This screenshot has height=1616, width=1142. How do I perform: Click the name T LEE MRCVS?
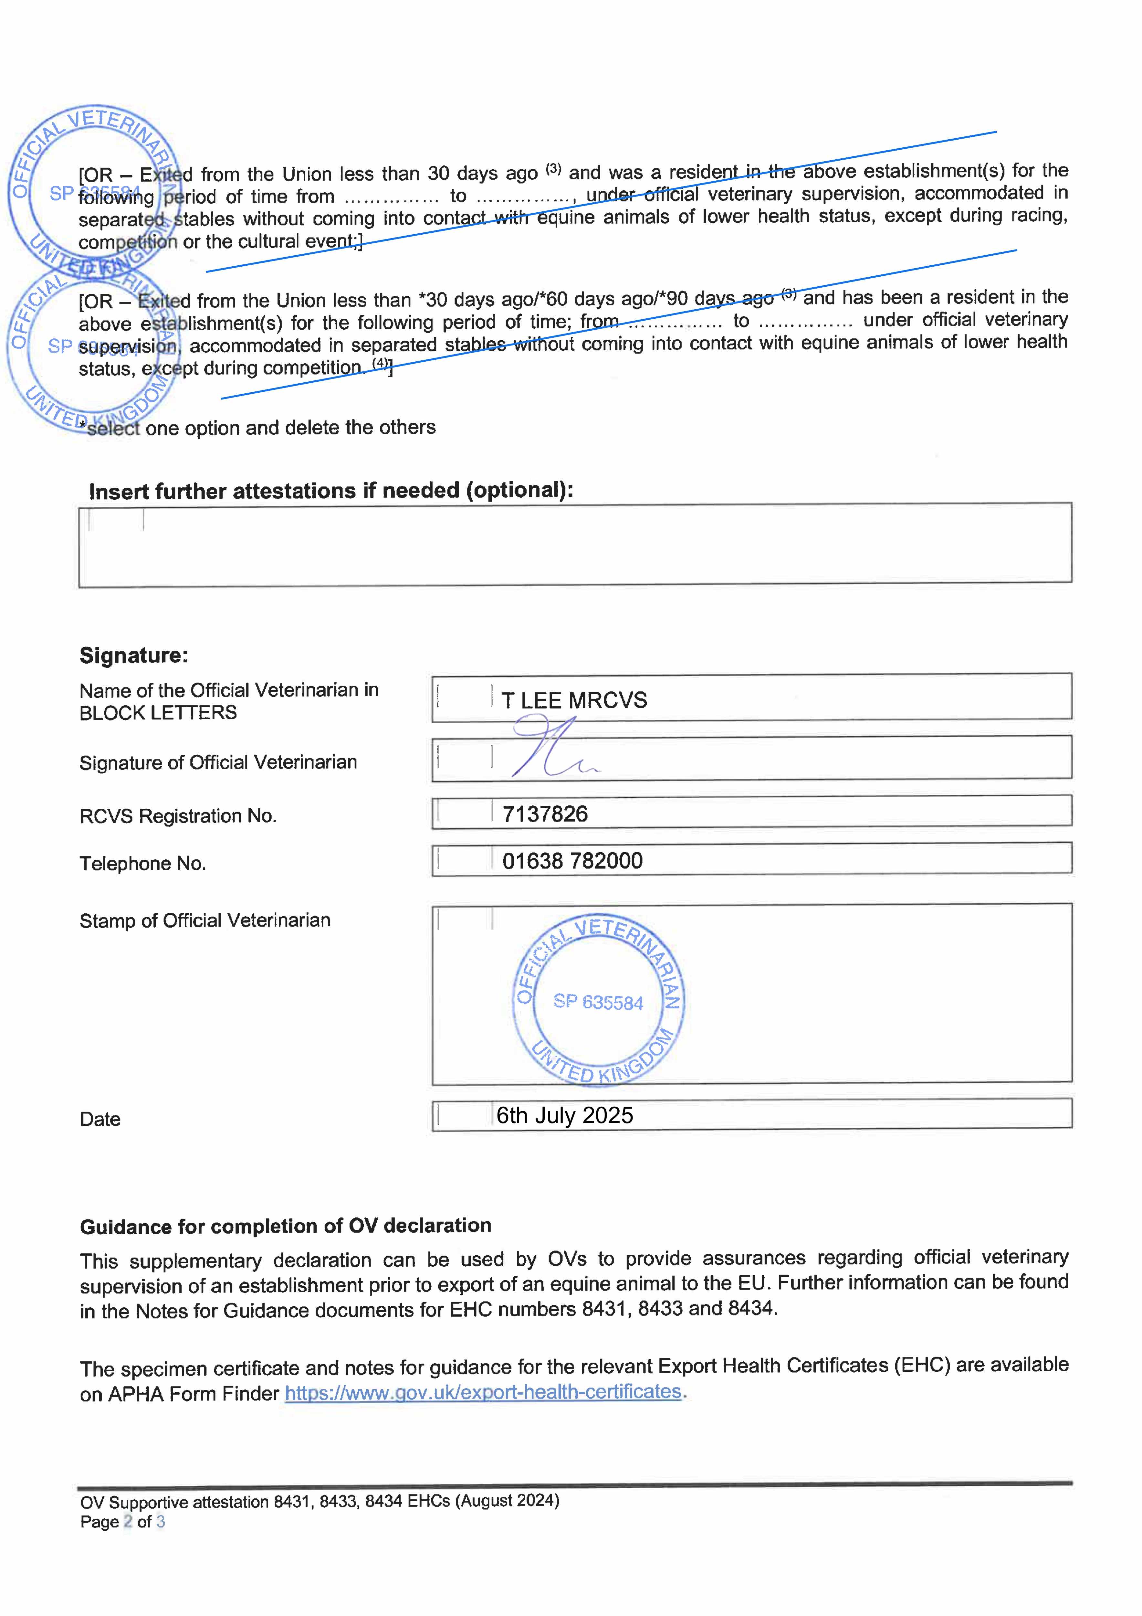[x=573, y=700]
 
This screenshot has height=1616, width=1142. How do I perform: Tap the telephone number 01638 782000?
[x=572, y=861]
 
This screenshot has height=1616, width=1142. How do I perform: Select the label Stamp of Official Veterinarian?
[x=205, y=920]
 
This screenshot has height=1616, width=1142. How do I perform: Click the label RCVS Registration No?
[x=178, y=816]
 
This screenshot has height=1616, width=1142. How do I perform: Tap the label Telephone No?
[x=143, y=864]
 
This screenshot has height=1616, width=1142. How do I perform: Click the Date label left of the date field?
[x=100, y=1119]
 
